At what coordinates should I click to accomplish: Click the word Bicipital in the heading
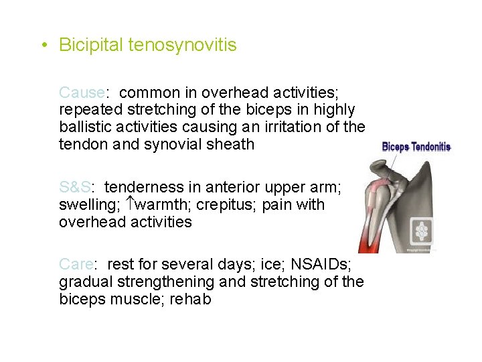pos(90,45)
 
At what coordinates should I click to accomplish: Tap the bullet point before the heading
pos(42,46)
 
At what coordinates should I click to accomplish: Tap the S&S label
pos(74,187)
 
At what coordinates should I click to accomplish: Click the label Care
pos(77,264)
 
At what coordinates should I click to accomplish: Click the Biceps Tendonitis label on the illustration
pos(416,147)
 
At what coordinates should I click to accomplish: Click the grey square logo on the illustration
pos(422,232)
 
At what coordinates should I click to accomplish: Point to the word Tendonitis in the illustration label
pos(432,147)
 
